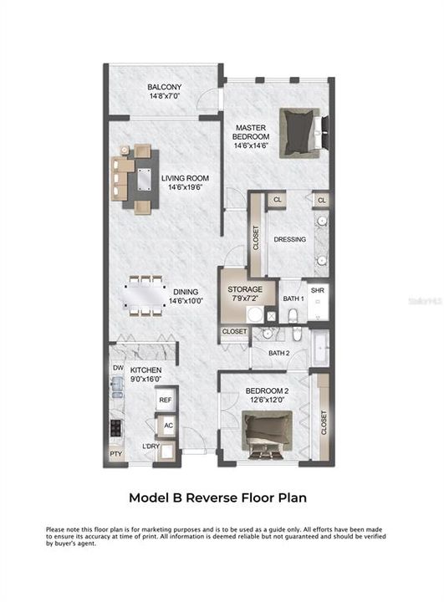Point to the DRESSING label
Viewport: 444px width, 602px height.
tap(289, 239)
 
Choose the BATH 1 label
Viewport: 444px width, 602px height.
tap(293, 298)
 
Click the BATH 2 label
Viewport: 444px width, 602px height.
tap(278, 354)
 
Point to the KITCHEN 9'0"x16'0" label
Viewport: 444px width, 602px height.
tap(145, 375)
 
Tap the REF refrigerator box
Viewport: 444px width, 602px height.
tap(165, 400)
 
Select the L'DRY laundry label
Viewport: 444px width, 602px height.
tap(151, 446)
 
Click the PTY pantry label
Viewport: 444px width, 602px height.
tap(115, 454)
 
